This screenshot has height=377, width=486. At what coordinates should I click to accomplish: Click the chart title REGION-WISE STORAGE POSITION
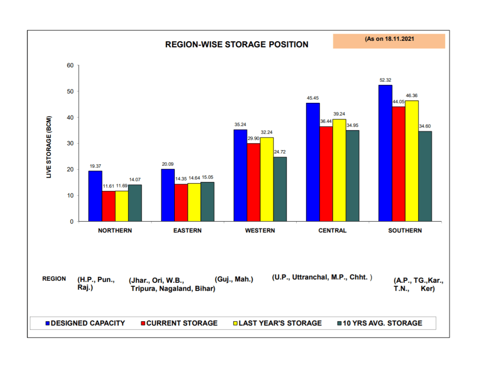tap(236, 45)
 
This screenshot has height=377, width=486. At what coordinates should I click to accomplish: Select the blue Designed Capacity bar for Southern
tap(385, 153)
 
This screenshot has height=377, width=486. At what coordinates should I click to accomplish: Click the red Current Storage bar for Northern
tap(109, 206)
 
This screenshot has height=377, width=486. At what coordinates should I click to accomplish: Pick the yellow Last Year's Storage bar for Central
tap(339, 170)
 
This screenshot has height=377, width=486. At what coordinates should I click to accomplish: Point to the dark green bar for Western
tap(280, 189)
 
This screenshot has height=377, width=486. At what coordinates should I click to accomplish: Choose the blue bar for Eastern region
tap(168, 195)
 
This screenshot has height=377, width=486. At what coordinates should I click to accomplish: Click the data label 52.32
tap(385, 80)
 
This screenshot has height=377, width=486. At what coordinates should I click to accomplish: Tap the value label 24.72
tap(280, 152)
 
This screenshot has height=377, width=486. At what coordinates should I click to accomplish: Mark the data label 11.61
tap(109, 186)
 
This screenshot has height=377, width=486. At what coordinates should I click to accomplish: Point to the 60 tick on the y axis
tap(70, 65)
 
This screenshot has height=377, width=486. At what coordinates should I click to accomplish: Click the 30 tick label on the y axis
tap(70, 144)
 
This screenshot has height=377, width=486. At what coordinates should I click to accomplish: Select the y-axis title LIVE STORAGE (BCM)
tap(48, 147)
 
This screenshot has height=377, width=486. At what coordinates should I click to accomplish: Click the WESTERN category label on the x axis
tap(260, 231)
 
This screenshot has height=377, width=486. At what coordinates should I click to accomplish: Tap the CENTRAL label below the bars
tap(332, 231)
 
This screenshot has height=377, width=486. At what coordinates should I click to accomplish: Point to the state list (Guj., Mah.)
tap(234, 279)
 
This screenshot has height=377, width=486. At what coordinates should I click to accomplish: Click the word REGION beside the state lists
tap(54, 278)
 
